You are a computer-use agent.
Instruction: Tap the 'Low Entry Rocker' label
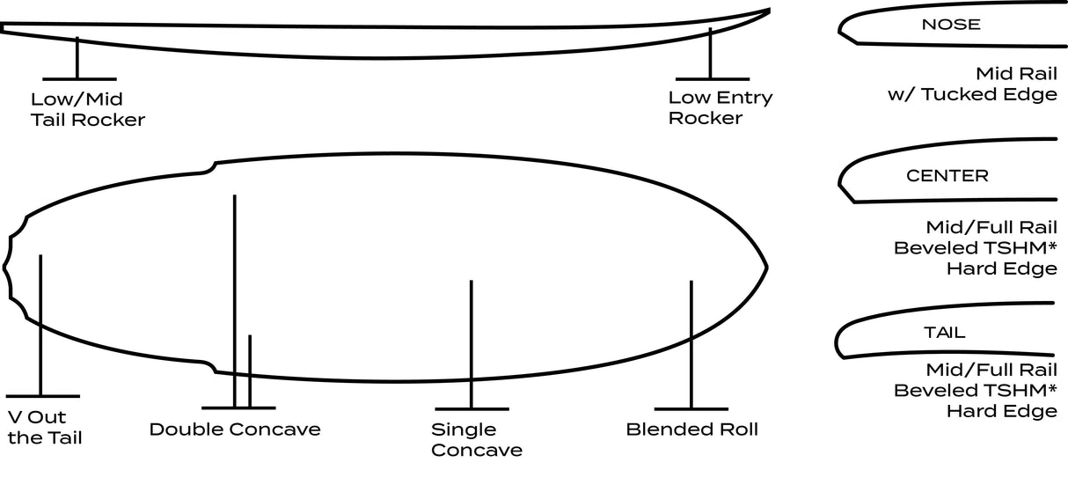(x=720, y=108)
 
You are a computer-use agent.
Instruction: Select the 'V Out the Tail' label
(x=44, y=428)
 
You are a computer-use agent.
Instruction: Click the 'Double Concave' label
(x=235, y=430)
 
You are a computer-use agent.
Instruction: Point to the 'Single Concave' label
(x=476, y=440)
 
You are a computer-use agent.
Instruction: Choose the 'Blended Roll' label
(x=691, y=430)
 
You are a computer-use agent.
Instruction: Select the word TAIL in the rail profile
(x=944, y=333)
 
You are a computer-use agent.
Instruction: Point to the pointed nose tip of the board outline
(x=766, y=266)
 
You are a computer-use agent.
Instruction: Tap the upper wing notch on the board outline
(x=211, y=166)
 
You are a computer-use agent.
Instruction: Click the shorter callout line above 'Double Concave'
(x=250, y=370)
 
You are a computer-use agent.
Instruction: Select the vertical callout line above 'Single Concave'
(x=472, y=343)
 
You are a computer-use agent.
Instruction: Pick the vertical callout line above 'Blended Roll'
(x=691, y=343)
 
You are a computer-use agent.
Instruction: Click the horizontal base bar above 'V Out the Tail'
(x=41, y=396)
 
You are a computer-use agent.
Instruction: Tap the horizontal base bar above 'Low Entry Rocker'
(x=712, y=79)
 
